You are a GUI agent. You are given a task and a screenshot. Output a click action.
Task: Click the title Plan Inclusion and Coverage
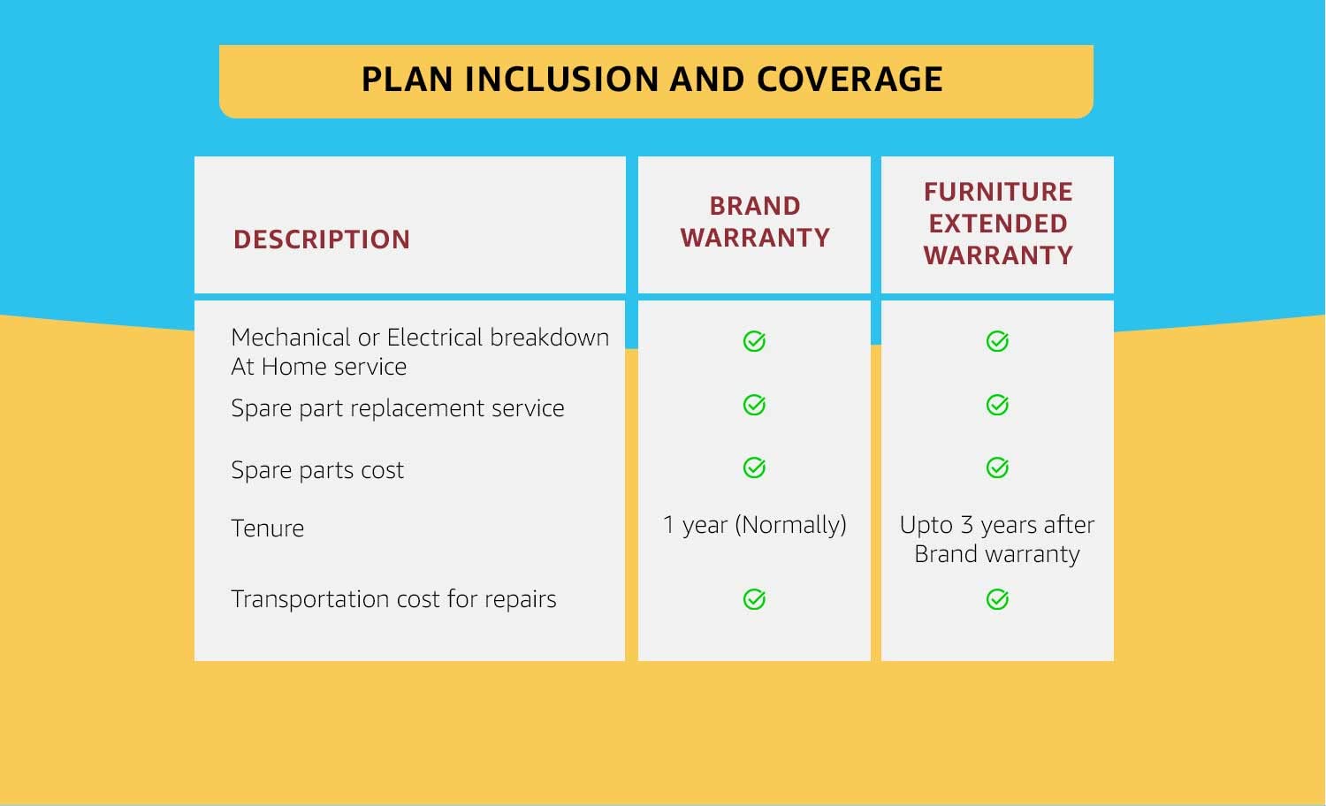(652, 80)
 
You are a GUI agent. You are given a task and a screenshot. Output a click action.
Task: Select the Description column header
(322, 240)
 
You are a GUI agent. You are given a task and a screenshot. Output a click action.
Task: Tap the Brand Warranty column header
(755, 222)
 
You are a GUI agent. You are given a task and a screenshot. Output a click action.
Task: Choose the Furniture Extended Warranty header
(998, 224)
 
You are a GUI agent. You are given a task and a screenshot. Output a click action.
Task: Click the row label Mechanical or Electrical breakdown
(419, 338)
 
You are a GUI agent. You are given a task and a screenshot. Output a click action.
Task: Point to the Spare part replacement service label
(397, 408)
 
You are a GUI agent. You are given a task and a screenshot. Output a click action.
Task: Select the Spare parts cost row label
(317, 470)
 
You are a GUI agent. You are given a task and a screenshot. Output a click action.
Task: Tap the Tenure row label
(268, 528)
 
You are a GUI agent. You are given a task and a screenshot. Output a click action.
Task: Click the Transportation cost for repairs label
(393, 599)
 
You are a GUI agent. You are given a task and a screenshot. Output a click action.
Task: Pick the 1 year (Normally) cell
(755, 525)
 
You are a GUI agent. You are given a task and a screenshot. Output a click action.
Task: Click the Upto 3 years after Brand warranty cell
(997, 539)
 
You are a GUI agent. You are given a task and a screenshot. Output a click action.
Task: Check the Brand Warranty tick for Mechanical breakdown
(754, 341)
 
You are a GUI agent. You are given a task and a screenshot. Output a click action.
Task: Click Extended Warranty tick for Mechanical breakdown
(997, 341)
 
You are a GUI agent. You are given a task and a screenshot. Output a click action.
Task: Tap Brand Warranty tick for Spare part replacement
(754, 405)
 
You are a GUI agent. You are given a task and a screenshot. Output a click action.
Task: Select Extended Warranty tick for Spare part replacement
(997, 405)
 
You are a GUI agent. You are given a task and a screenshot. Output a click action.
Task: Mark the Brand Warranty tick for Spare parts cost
(754, 468)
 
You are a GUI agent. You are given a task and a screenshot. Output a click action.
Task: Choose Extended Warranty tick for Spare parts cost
(997, 468)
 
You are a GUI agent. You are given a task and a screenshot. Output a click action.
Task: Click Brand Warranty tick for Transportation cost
(754, 599)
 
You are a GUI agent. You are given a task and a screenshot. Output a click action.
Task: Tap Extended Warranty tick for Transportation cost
(997, 599)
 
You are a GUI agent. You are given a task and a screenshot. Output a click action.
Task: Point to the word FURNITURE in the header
(998, 192)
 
